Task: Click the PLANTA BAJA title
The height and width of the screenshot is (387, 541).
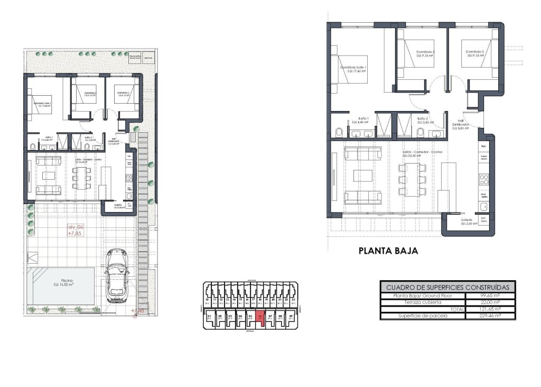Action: coord(388,252)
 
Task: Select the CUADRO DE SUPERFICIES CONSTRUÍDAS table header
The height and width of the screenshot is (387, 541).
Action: coord(447,287)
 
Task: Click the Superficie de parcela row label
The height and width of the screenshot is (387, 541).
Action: coord(422,316)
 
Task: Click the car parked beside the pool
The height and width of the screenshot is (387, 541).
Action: coord(116,275)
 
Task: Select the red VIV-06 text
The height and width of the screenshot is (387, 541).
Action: coord(76,229)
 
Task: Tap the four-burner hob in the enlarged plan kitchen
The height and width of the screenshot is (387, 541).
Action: coord(484,179)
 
